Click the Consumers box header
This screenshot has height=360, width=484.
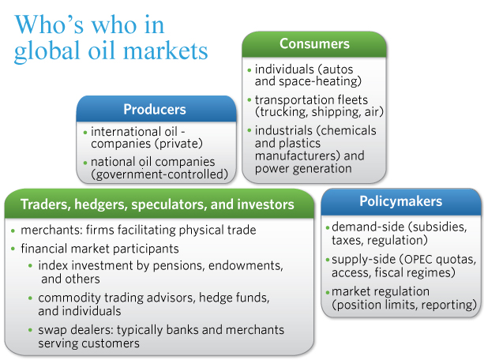pyautogui.click(x=314, y=43)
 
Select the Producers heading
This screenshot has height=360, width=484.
pyautogui.click(x=155, y=109)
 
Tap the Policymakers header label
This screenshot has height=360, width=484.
pyautogui.click(x=400, y=201)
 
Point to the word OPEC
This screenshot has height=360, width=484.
pyautogui.click(x=418, y=260)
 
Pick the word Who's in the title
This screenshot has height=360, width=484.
pyautogui.click(x=50, y=24)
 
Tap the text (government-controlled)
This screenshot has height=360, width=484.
pyautogui.click(x=159, y=174)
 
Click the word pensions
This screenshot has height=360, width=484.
pyautogui.click(x=178, y=265)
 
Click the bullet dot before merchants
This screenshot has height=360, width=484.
pyautogui.click(x=13, y=231)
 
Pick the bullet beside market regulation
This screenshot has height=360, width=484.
pyautogui.click(x=328, y=292)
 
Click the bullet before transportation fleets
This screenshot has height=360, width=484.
pyautogui.click(x=250, y=99)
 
